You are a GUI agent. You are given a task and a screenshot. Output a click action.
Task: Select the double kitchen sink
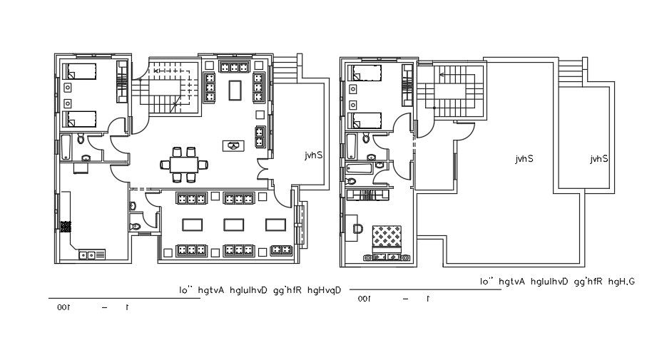click(91, 254)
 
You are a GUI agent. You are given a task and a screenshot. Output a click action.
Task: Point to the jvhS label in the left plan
click(315, 154)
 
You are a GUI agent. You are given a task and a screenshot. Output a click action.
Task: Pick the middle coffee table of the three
click(235, 225)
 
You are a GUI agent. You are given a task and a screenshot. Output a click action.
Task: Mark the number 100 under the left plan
click(63, 307)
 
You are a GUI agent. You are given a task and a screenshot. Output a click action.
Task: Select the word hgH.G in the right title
click(621, 282)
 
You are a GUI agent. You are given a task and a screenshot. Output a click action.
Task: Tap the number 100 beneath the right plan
click(363, 299)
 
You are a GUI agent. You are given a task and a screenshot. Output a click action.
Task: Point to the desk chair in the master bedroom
click(357, 228)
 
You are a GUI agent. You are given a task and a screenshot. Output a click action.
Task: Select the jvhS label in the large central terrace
click(526, 159)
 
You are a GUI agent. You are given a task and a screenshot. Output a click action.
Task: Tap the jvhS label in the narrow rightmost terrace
click(598, 159)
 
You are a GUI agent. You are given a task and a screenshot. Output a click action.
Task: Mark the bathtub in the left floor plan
click(66, 148)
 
